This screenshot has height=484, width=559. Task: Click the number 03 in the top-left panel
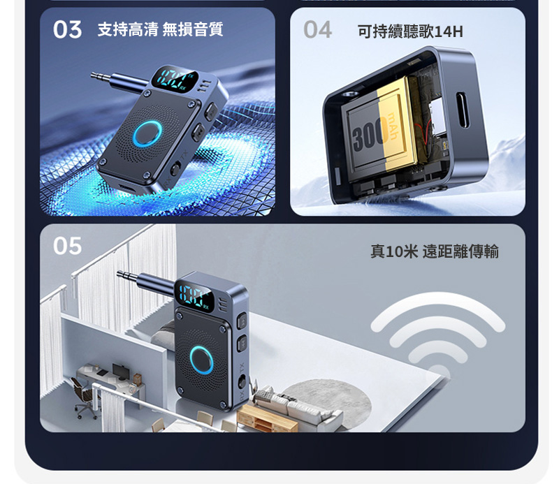click(67, 29)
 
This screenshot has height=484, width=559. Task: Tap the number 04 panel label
click(317, 29)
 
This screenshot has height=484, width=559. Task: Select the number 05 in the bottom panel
click(67, 246)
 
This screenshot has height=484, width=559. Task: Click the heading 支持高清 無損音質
click(160, 29)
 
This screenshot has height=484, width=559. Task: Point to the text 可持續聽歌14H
click(409, 32)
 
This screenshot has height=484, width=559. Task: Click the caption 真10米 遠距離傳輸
click(434, 251)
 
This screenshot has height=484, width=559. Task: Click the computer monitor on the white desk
click(119, 371)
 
